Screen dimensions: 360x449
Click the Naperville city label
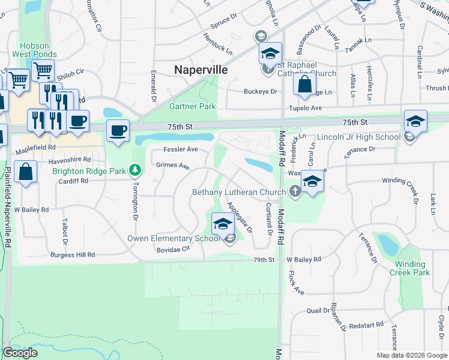(x=200, y=70)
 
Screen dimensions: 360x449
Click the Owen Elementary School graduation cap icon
(x=222, y=224)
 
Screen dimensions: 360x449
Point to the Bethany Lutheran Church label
(x=239, y=193)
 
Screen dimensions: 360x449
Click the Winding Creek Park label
(x=412, y=268)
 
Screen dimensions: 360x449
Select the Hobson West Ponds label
(x=38, y=50)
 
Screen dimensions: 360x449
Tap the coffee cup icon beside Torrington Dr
(x=118, y=130)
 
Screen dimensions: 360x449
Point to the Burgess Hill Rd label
(x=73, y=255)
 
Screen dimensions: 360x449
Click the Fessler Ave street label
(x=181, y=149)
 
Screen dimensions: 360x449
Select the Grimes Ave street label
(x=173, y=166)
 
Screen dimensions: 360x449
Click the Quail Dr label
(x=318, y=311)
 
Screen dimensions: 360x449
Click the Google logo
(x=20, y=353)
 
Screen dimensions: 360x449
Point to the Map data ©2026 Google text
(x=412, y=355)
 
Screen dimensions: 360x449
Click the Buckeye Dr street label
(x=260, y=92)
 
